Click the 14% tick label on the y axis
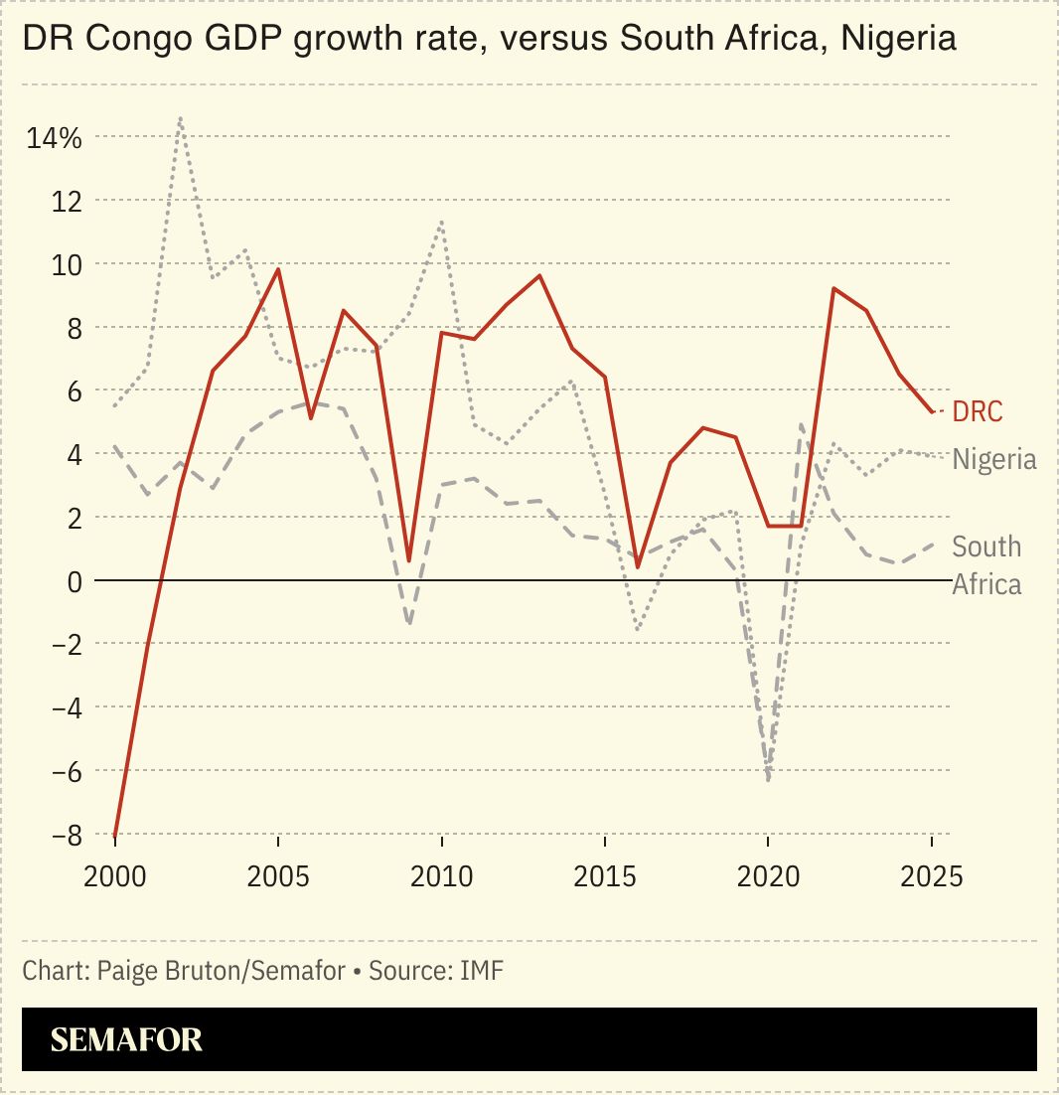coord(54,137)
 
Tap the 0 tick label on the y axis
coord(73,580)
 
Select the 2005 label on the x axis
coord(277,877)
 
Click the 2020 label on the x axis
coord(767,877)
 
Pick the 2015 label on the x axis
coord(604,877)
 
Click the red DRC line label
coord(978,411)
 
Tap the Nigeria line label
coord(993,459)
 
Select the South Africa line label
coord(985,564)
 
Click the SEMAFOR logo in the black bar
coord(126,1039)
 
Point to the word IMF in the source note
coord(482,971)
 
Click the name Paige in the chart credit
coord(124,971)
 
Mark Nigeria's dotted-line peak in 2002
coord(180,118)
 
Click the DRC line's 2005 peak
coord(278,269)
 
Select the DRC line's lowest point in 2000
coord(115,836)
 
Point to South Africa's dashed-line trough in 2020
coord(768,780)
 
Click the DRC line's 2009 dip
coord(408,561)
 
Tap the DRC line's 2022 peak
coord(833,288)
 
